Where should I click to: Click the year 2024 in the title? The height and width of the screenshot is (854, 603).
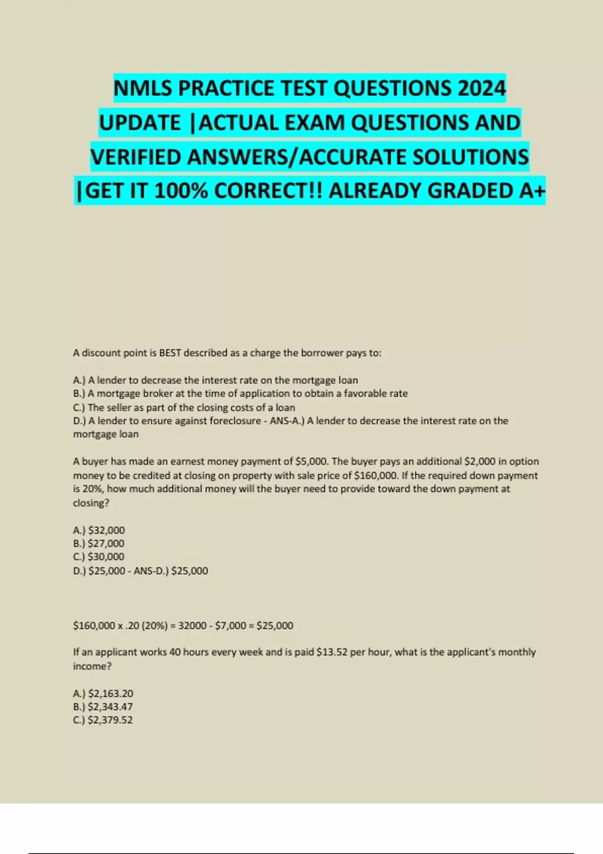click(481, 88)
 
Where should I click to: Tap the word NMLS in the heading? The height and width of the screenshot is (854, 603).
click(143, 88)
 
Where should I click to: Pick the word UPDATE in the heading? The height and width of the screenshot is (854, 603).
click(140, 123)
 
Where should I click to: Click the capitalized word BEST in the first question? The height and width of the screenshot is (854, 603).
click(170, 353)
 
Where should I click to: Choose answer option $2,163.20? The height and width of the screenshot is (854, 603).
click(110, 693)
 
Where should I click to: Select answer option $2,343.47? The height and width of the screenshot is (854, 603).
click(110, 706)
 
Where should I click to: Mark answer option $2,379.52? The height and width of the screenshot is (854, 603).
click(110, 720)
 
